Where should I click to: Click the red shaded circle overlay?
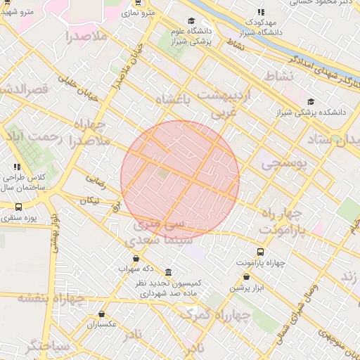[180, 179]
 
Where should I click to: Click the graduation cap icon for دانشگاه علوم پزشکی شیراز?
[191, 21]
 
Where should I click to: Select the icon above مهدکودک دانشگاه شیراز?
[260, 13]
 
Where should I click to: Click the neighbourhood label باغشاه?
[179, 99]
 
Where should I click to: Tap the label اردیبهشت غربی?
[224, 101]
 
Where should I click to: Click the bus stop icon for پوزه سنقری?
[18, 207]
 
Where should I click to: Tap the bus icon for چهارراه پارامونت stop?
[260, 252]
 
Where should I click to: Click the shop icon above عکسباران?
[102, 314]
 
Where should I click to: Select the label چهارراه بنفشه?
[51, 298]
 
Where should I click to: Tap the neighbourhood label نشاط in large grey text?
[276, 75]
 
